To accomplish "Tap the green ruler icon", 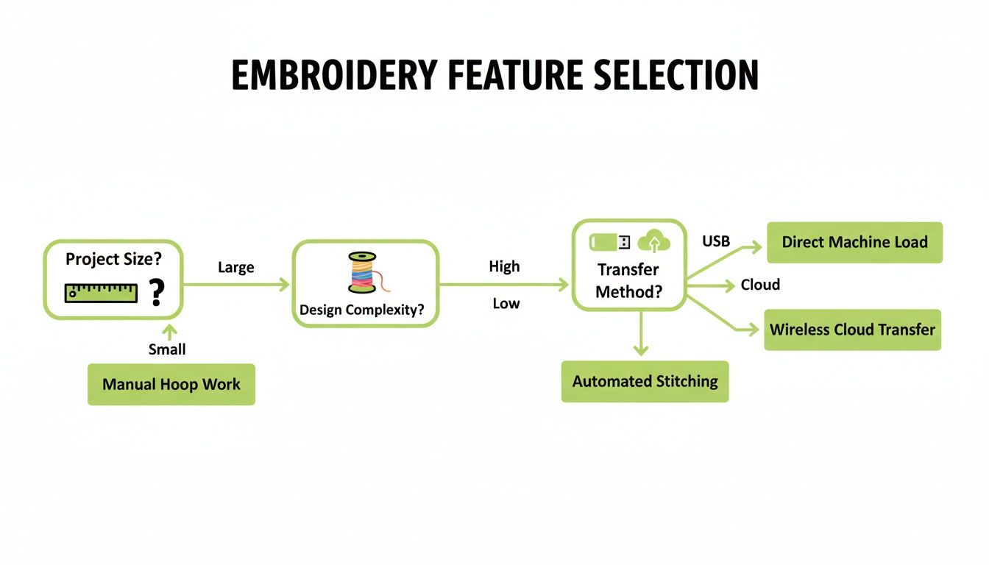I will (101, 293).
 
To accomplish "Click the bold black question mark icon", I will (156, 293).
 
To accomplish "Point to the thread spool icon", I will (362, 273).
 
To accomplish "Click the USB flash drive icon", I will (610, 241).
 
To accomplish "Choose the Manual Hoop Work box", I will (171, 384).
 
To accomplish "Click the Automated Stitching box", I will (645, 381).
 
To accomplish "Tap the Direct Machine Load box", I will (854, 242).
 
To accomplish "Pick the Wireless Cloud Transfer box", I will (852, 330).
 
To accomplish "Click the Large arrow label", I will (235, 268).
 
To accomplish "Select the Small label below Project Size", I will (167, 349).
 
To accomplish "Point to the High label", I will (504, 266).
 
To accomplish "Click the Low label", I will (506, 303).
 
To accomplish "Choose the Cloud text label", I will (760, 285).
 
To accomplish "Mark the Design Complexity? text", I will (362, 310).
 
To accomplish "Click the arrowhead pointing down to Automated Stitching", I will (641, 349).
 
